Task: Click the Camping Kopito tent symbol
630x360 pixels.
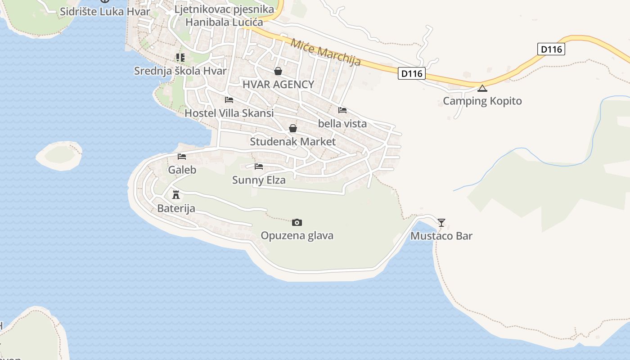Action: (x=482, y=88)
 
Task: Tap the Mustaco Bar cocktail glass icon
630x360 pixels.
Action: (x=441, y=222)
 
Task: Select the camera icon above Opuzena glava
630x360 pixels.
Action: (x=297, y=222)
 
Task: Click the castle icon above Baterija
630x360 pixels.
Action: (x=176, y=195)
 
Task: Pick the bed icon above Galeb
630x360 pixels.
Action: (x=182, y=157)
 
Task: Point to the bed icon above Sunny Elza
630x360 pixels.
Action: (x=259, y=166)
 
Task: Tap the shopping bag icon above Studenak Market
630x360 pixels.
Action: (x=292, y=128)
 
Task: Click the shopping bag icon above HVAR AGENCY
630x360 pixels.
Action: (x=278, y=71)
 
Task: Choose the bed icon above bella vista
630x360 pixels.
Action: (x=342, y=110)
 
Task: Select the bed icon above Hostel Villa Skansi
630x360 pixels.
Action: (x=229, y=99)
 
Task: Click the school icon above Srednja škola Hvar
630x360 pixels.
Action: (x=180, y=58)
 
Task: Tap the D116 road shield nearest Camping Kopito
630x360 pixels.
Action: (x=411, y=73)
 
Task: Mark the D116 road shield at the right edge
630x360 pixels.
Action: (x=551, y=49)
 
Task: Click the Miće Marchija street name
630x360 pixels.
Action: (x=326, y=52)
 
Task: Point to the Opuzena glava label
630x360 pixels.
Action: (x=297, y=235)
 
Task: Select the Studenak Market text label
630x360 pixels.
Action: (x=292, y=142)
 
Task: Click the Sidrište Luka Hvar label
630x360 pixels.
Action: (x=105, y=12)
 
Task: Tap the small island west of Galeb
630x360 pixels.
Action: (x=59, y=155)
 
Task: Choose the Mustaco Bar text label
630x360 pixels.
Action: (x=441, y=236)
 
